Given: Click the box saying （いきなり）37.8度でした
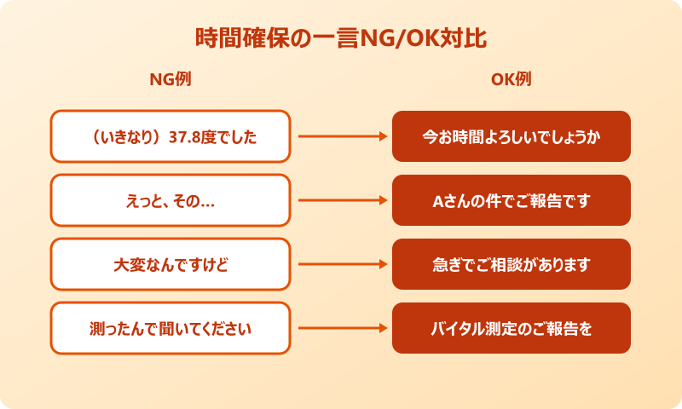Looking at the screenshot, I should tap(170, 136).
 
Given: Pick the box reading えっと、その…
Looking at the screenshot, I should tap(170, 200).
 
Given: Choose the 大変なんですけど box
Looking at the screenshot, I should tap(170, 264).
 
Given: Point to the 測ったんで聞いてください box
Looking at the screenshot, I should tap(170, 328).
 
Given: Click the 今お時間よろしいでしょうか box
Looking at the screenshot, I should tap(511, 136).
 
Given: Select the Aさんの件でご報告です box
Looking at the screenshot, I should tap(511, 200).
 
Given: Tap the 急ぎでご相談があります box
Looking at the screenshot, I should tap(511, 264).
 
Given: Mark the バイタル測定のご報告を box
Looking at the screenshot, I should tap(511, 328).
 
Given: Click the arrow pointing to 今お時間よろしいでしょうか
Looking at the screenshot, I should tap(341, 136).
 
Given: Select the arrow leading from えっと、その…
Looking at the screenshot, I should tap(341, 200).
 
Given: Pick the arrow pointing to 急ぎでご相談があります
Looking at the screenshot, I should tap(341, 264).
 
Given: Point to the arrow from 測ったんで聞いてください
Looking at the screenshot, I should tap(341, 328).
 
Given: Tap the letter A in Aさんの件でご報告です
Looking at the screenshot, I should tap(436, 201).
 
